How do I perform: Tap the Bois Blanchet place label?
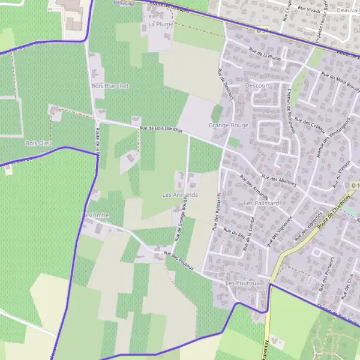[110, 86]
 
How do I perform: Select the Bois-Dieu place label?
[38, 144]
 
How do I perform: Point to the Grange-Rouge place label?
[228, 125]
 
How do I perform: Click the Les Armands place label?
[180, 195]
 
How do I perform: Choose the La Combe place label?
[95, 215]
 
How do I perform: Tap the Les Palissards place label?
[263, 203]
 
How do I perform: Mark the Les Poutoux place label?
[242, 283]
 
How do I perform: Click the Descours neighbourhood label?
[258, 86]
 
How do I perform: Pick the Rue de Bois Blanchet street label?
[160, 128]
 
